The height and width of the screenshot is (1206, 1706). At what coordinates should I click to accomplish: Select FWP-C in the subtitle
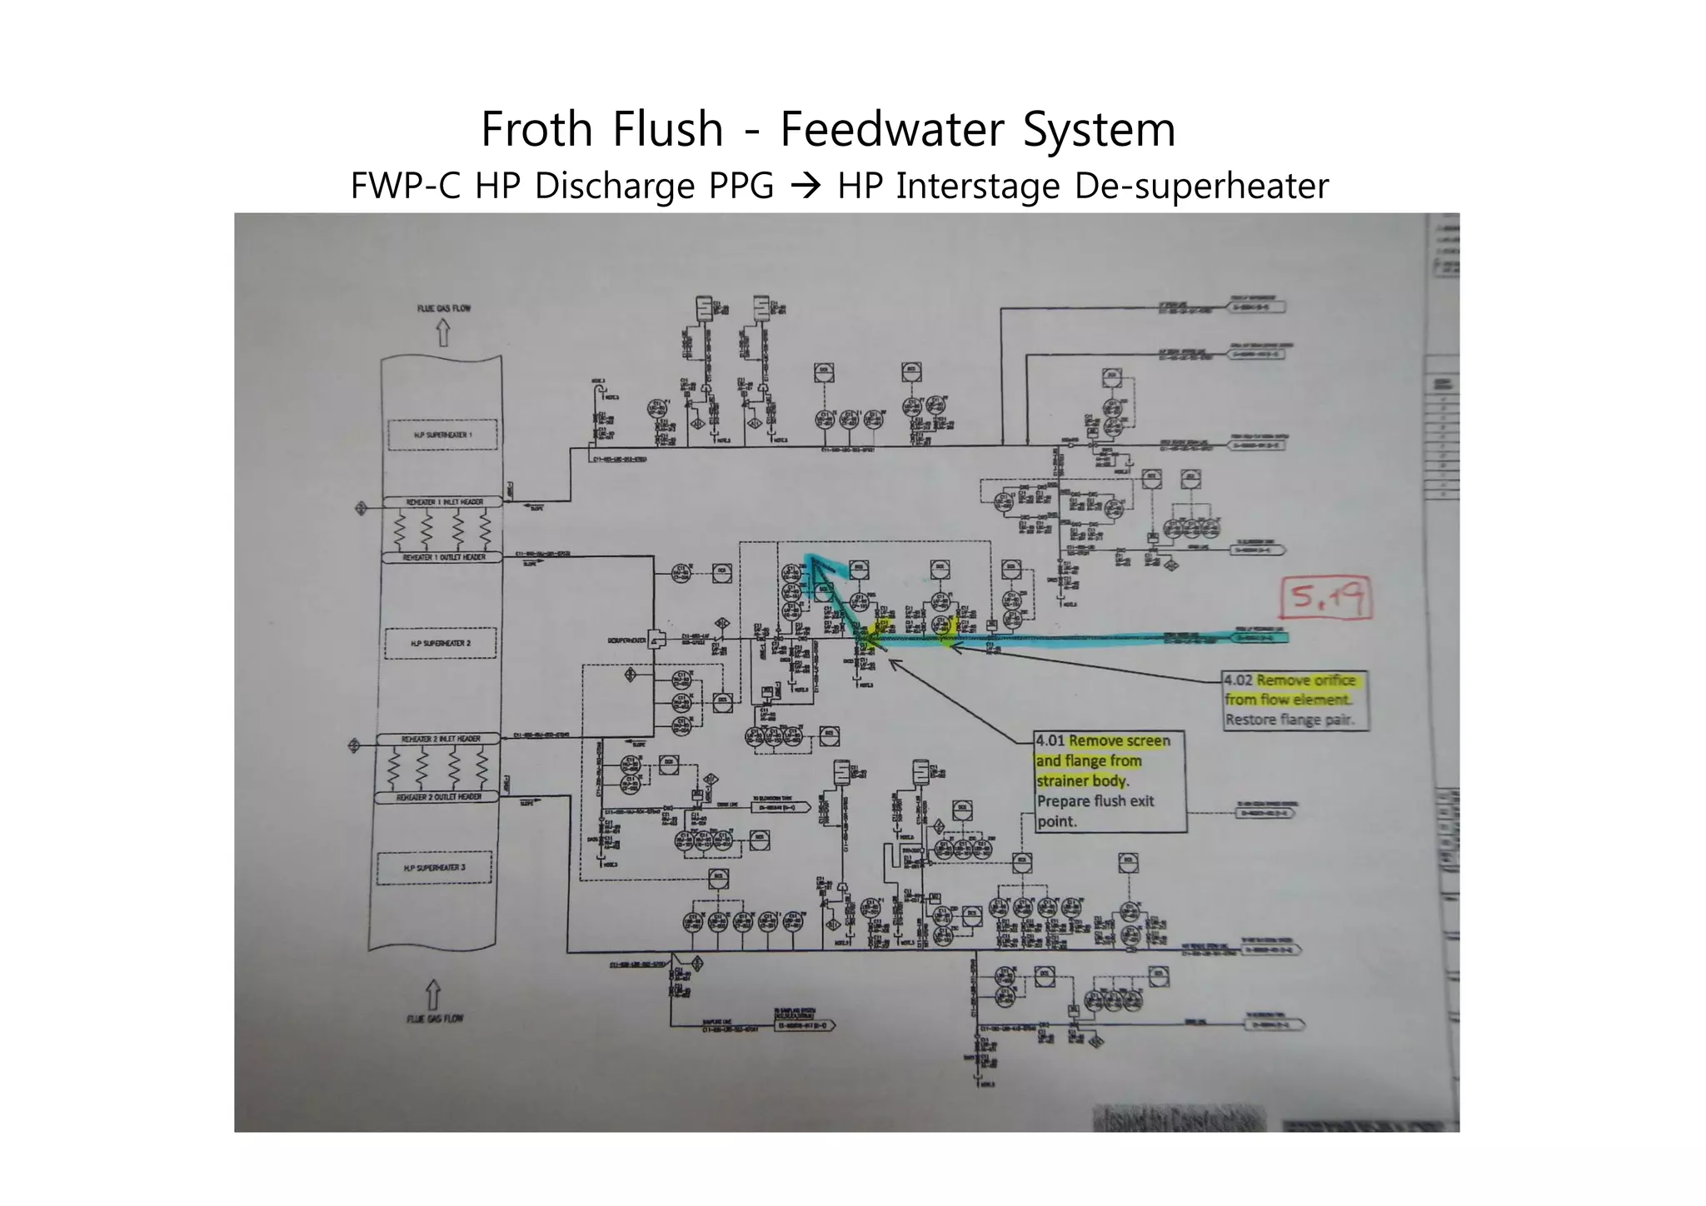(405, 186)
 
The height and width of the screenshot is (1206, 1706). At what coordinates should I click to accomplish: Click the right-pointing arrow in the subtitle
(806, 186)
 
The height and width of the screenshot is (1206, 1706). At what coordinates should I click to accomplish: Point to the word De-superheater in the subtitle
(1201, 186)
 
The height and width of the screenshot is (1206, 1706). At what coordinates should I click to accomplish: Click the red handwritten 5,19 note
(1326, 597)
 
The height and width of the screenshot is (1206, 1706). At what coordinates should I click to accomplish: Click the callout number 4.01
(1050, 740)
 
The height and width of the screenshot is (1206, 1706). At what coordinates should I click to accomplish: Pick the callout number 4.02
(1239, 680)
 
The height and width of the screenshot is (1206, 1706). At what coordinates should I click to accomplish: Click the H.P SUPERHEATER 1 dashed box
(442, 435)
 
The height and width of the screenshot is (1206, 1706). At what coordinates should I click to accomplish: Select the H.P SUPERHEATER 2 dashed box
(441, 643)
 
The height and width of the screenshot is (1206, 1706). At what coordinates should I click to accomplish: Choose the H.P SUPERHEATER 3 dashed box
(435, 867)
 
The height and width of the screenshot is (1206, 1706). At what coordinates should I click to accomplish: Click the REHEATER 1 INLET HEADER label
(444, 502)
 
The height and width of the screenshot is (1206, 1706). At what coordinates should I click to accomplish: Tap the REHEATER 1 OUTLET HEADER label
(444, 557)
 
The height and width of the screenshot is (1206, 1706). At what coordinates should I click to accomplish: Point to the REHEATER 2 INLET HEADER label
(441, 739)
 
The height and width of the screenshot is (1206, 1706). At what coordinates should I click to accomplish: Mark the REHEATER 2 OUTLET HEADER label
(439, 797)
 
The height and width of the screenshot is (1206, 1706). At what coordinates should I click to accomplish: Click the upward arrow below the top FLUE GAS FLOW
(443, 334)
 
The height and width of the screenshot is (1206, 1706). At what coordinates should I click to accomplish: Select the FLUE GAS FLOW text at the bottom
(435, 1019)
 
